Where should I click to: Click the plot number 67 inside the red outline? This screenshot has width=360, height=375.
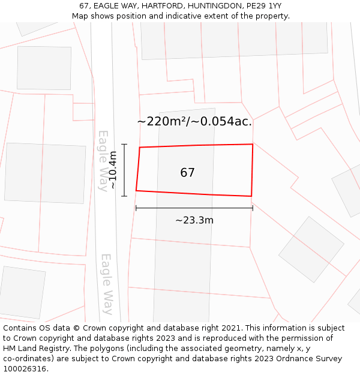pos(187,173)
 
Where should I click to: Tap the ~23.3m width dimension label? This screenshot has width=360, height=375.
pos(194,220)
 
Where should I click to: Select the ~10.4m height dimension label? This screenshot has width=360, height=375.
pos(112,170)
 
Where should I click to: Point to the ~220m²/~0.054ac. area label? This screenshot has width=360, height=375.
pos(194,122)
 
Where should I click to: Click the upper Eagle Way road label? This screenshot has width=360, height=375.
pos(104,160)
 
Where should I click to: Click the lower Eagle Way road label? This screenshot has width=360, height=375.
pos(106,284)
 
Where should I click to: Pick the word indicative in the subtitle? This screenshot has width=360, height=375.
pos(177,16)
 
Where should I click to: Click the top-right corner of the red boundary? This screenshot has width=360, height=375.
pos(253,144)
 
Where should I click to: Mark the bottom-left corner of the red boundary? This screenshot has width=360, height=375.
pos(136,191)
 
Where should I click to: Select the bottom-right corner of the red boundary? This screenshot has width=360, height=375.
pos(251,196)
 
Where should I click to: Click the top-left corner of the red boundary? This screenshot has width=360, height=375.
pos(140,148)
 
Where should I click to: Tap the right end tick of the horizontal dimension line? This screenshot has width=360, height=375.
pos(253,208)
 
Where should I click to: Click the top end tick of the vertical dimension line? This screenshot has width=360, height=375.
pos(124,144)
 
